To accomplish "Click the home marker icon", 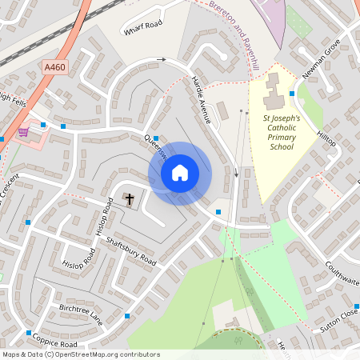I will point(179,173).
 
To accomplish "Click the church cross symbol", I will point(129,197).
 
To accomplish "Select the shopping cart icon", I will point(24,132).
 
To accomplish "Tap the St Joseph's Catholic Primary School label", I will point(282,132).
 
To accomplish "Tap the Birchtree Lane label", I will point(82,313).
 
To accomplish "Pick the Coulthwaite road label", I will point(342,276).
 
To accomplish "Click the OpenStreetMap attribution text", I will point(80,354).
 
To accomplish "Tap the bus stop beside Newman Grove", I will point(292,94).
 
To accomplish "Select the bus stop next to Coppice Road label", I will point(29,333).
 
